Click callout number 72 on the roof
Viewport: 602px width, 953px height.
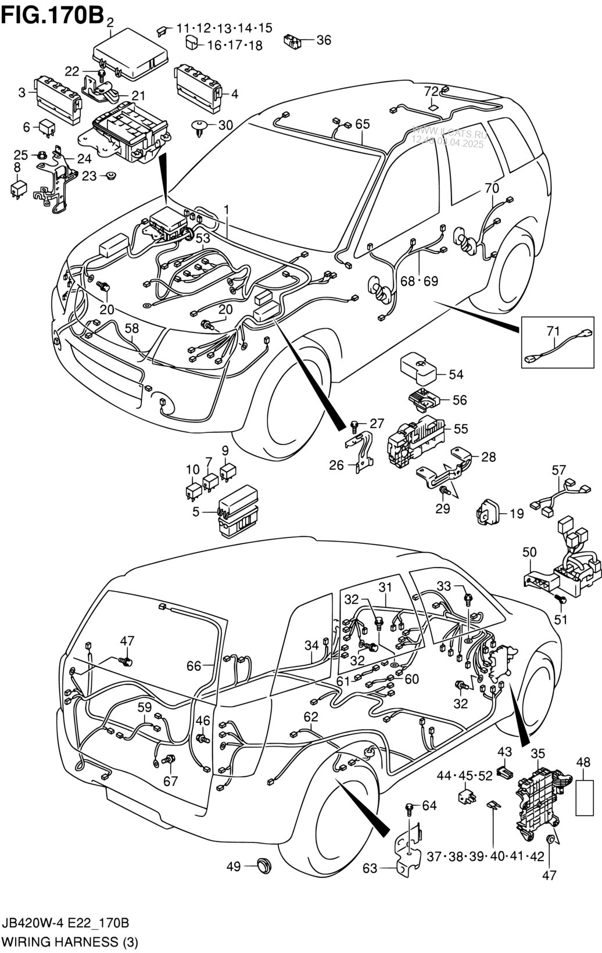click(431, 92)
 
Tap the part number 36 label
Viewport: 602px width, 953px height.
click(324, 40)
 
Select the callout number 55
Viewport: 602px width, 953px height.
click(461, 429)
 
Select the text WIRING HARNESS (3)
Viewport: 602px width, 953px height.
click(70, 941)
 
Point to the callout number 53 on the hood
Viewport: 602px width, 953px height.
click(202, 238)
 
